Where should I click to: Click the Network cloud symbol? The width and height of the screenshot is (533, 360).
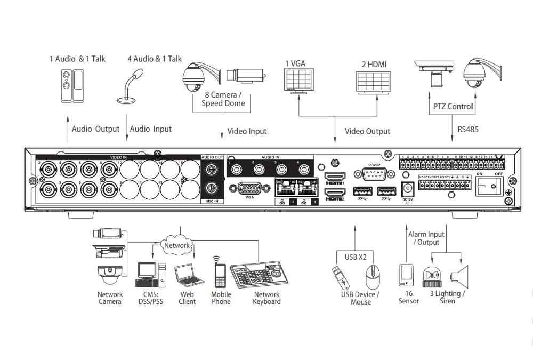176,245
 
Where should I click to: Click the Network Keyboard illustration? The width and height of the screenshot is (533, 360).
262,275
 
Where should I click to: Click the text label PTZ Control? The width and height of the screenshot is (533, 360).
453,107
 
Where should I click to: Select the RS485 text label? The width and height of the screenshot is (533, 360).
468,129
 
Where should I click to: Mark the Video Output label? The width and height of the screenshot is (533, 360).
367,131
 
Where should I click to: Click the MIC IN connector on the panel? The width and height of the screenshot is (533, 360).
212,188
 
